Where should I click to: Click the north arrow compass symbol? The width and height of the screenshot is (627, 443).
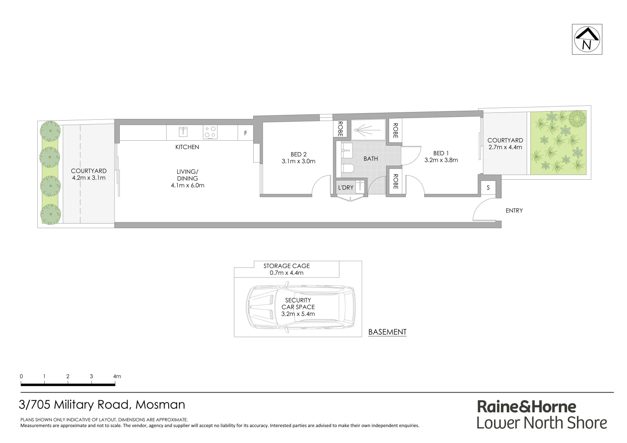click(587, 39)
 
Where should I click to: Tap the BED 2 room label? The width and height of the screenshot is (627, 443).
click(298, 154)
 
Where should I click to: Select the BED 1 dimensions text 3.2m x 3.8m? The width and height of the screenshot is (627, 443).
click(441, 160)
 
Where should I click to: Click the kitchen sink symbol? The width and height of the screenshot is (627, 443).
click(183, 132)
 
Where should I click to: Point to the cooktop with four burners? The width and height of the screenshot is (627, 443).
click(210, 132)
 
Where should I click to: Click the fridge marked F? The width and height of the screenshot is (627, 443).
click(246, 133)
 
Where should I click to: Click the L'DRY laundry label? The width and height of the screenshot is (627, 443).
click(346, 187)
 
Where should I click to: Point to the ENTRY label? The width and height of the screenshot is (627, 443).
click(514, 210)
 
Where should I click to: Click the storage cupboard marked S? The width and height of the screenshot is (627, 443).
click(488, 188)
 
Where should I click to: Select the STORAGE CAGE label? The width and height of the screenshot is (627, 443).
click(286, 266)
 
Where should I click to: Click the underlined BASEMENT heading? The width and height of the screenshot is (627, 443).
click(387, 332)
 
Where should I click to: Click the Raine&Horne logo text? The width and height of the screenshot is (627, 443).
click(526, 406)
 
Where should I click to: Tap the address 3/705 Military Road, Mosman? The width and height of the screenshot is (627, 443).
click(102, 404)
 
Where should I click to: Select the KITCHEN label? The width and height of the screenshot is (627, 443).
click(187, 147)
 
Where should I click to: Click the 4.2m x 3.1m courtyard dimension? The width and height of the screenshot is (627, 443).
click(89, 178)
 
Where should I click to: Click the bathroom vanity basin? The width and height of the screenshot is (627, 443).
click(346, 150)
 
